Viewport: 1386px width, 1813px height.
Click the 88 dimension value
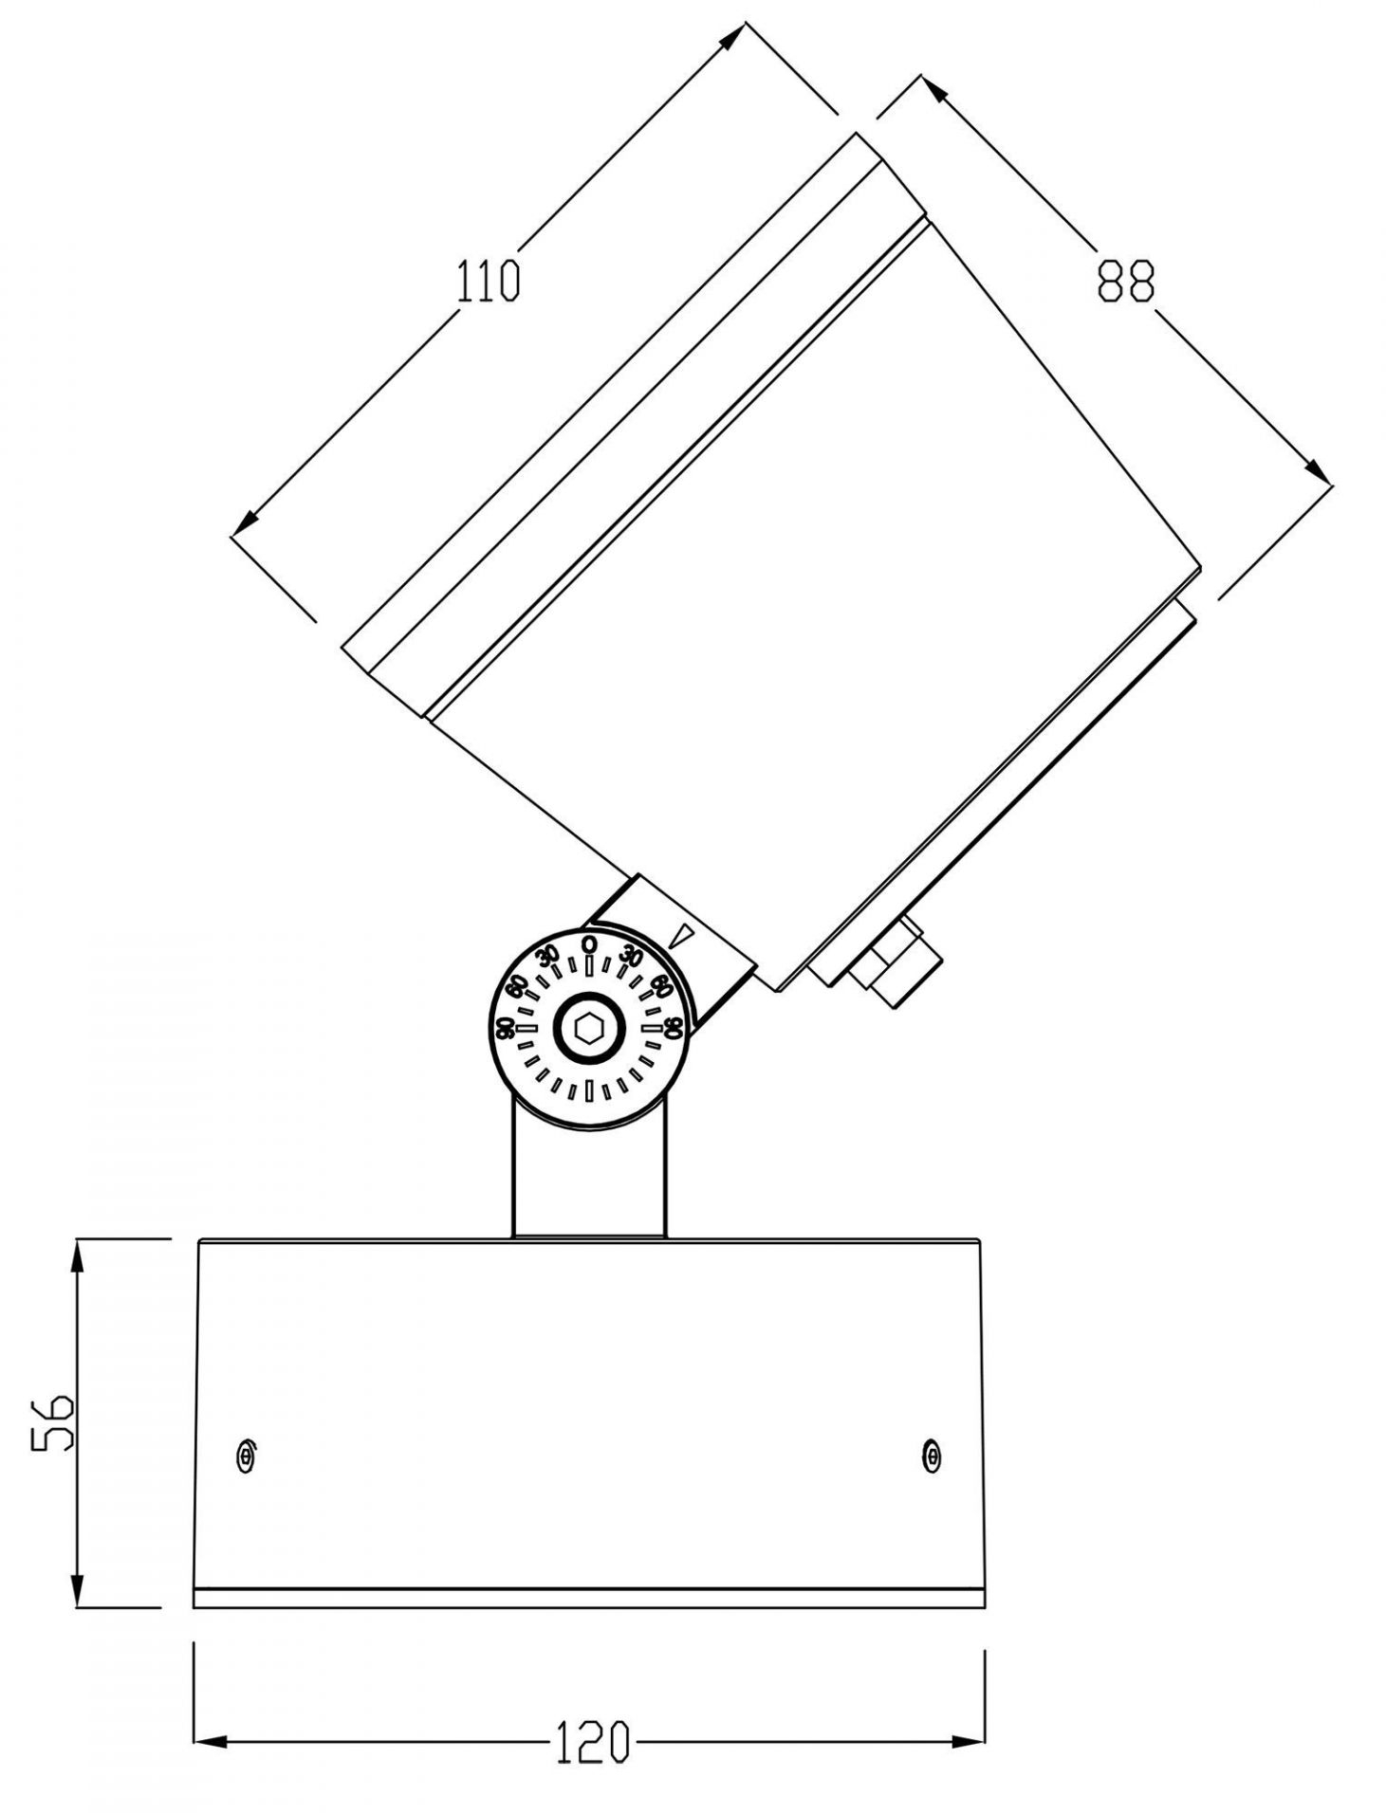(x=1126, y=282)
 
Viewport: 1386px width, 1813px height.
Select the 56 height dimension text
(x=51, y=1422)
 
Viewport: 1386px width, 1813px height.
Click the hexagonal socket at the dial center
(x=588, y=1027)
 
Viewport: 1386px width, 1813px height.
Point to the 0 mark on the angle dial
(x=588, y=943)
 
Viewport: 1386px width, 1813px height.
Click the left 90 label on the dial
(x=505, y=1026)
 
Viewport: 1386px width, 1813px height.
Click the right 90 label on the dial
(x=673, y=1026)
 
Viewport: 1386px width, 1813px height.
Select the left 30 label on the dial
(x=547, y=955)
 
